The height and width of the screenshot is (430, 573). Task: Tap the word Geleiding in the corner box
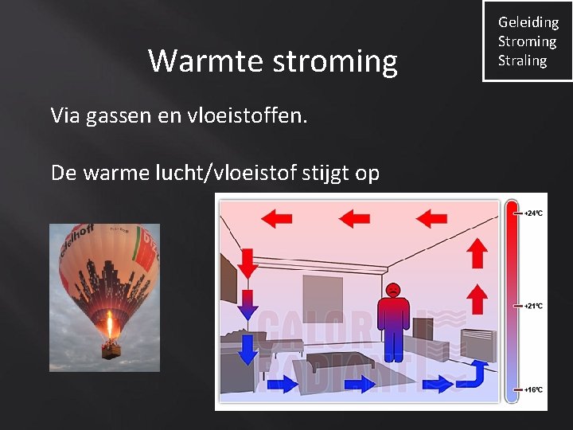pyautogui.click(x=528, y=22)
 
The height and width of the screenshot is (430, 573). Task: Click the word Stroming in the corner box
pyautogui.click(x=527, y=41)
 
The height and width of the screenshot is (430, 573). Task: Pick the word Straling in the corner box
pyautogui.click(x=522, y=61)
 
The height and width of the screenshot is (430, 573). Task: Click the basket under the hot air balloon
pyautogui.click(x=108, y=349)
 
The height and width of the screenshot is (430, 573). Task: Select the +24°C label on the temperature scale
pyautogui.click(x=532, y=213)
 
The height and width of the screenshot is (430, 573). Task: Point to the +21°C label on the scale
pyautogui.click(x=532, y=306)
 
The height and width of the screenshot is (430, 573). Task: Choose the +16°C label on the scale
pyautogui.click(x=532, y=389)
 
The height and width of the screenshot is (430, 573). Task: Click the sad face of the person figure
pyautogui.click(x=392, y=290)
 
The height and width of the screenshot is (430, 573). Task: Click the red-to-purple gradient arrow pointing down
pyautogui.click(x=247, y=305)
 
